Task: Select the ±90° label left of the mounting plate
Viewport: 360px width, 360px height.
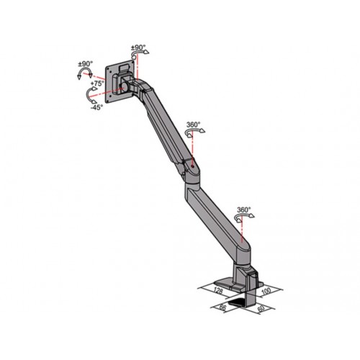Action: pyautogui.click(x=86, y=65)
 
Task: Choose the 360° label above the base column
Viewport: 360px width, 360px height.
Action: pyautogui.click(x=243, y=210)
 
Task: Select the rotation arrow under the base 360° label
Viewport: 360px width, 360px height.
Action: pyautogui.click(x=249, y=219)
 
